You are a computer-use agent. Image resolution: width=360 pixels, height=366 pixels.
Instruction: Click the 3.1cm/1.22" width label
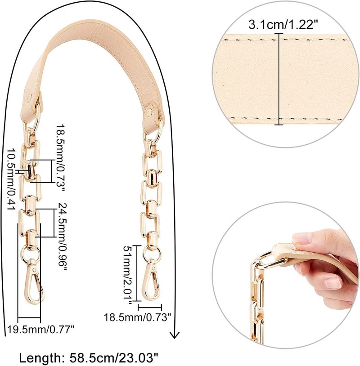click(x=283, y=25)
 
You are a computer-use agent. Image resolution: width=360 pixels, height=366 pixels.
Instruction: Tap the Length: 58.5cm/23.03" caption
click(x=89, y=357)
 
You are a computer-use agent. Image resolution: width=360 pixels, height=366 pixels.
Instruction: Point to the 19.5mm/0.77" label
click(x=41, y=330)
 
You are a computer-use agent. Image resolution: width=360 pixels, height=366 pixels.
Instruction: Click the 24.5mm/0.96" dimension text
click(x=62, y=237)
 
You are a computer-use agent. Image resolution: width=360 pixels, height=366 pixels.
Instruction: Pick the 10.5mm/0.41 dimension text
click(x=11, y=179)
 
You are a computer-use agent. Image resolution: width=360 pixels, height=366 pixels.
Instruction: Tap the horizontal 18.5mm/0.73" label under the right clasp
click(x=137, y=317)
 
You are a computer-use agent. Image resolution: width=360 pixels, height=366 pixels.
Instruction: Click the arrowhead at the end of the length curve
click(x=175, y=335)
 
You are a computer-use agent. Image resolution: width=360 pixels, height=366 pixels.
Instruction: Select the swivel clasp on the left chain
click(x=34, y=281)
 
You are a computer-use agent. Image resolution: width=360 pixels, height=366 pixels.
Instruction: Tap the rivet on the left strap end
click(x=30, y=98)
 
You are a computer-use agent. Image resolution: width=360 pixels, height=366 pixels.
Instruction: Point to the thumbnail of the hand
click(x=301, y=238)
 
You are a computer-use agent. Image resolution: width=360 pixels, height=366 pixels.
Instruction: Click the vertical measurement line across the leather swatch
click(x=279, y=79)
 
